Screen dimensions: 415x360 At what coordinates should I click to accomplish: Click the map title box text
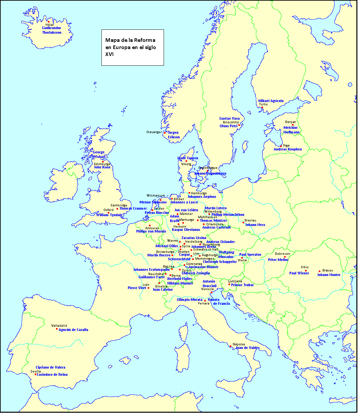point(130,47)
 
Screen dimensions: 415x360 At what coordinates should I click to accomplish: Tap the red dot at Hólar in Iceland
point(48,22)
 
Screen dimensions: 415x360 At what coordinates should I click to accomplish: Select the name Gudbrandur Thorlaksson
point(51,30)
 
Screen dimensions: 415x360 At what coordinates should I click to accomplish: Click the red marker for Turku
point(262,108)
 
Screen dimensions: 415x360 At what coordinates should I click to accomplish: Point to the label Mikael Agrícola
point(271,101)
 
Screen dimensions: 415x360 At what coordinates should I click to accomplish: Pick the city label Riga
point(286,146)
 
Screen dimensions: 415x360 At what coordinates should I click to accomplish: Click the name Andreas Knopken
point(288,149)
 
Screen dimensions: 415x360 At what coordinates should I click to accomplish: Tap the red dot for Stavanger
point(165,133)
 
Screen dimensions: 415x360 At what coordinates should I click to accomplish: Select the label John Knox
point(102,167)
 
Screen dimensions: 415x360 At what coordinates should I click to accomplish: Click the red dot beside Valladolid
point(57,329)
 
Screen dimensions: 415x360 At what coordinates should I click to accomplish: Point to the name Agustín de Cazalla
point(73,330)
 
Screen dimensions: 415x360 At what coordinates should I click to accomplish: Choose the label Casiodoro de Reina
point(52,375)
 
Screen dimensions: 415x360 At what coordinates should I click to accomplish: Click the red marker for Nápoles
point(230,346)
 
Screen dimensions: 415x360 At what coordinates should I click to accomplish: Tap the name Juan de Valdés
point(247,348)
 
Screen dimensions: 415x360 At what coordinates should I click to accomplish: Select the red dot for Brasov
point(319,271)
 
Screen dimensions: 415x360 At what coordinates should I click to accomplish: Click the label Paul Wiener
point(299,273)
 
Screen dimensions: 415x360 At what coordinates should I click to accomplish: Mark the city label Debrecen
point(282,254)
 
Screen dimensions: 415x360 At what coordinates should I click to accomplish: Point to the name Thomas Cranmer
point(133,209)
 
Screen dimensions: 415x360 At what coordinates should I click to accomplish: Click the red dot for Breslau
point(243,223)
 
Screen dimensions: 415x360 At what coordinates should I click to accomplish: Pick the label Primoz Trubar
point(242,285)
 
